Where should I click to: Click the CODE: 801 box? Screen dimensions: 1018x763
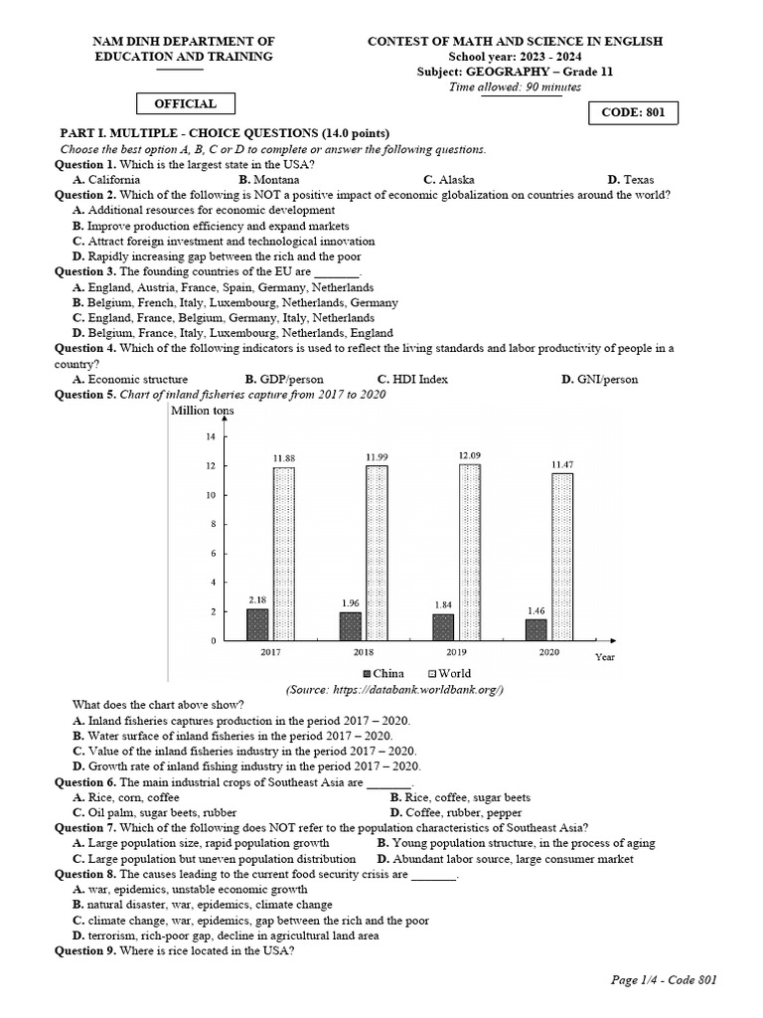point(634,113)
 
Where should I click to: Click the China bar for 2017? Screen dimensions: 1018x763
point(257,624)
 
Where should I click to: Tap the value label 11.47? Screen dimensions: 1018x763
point(562,464)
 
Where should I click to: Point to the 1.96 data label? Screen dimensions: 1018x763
point(352,602)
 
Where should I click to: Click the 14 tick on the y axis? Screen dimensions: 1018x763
point(210,437)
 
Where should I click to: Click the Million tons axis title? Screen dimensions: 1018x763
point(203,411)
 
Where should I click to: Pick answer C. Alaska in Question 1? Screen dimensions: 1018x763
point(448,180)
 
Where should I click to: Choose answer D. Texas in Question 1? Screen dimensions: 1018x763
point(630,180)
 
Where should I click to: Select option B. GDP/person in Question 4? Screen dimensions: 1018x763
point(284,379)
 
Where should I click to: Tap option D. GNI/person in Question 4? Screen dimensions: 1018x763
point(599,379)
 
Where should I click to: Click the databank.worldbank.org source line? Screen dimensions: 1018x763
point(394,689)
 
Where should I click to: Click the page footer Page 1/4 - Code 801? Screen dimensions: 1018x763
point(664,980)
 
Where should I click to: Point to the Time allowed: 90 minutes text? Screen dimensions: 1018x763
point(515,86)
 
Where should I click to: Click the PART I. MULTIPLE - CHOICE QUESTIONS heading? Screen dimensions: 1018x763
point(226,133)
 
